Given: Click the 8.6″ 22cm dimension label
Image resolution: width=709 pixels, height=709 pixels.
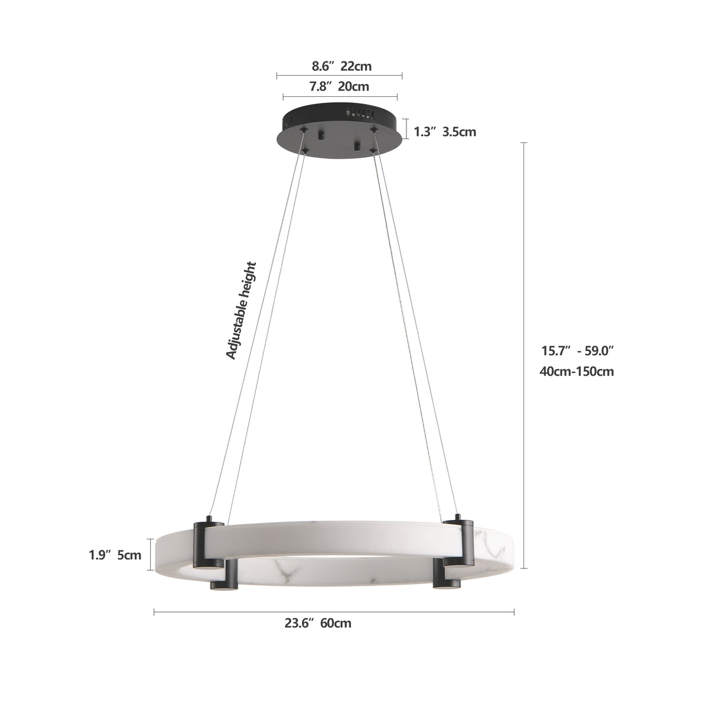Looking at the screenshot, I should coord(339,66).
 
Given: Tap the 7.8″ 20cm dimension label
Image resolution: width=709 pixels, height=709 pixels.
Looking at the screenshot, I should coord(339,87).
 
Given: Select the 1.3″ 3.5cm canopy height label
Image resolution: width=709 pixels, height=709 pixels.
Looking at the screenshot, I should coord(445,132).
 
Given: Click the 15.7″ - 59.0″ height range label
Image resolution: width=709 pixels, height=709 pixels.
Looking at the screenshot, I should coord(578,351).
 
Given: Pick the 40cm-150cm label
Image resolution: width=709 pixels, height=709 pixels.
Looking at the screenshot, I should coord(576,372).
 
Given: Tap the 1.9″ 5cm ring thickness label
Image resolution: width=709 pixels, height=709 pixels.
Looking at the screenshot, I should coord(115,555).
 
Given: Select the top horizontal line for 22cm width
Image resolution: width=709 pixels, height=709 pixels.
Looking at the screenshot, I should coord(339,76).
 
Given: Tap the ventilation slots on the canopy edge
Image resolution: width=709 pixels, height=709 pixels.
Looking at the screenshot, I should coord(360,110).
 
